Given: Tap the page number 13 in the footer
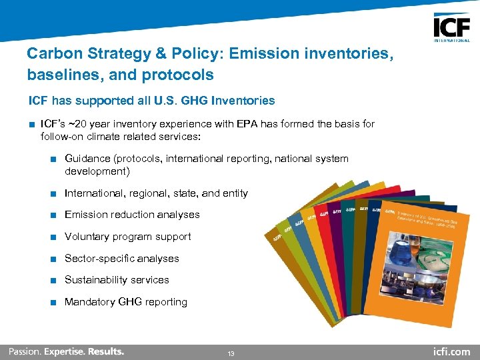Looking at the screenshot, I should click(230, 353).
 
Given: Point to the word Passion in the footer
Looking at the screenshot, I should click(24, 351).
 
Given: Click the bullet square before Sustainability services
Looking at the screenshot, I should click(53, 280).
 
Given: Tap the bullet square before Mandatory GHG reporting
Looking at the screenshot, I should click(53, 302).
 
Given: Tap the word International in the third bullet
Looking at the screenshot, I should click(95, 193).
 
